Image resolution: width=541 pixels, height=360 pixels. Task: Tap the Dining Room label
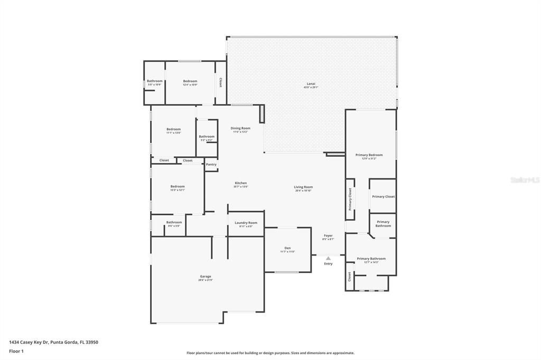pyautogui.click(x=240, y=128)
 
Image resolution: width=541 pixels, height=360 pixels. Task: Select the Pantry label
pyautogui.click(x=211, y=164)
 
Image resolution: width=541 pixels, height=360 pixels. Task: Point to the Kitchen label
pyautogui.click(x=240, y=183)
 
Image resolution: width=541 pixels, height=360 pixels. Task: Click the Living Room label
pyautogui.click(x=303, y=187)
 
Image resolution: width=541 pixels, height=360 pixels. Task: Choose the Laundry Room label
pyautogui.click(x=246, y=223)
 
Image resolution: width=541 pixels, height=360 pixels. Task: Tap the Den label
pyautogui.click(x=287, y=248)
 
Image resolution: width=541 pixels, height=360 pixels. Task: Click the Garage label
pyautogui.click(x=206, y=277)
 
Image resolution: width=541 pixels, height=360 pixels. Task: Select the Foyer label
pyautogui.click(x=328, y=235)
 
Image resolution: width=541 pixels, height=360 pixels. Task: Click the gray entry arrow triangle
pyautogui.click(x=328, y=258)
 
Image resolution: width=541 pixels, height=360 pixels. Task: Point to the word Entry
pyautogui.click(x=328, y=263)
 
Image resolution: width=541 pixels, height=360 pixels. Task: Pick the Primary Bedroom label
pyautogui.click(x=369, y=155)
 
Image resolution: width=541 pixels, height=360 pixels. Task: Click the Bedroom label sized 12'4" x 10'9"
pyautogui.click(x=190, y=81)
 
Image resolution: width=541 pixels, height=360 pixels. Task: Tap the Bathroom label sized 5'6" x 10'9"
pyautogui.click(x=155, y=81)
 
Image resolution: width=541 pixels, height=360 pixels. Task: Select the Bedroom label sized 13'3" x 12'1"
pyautogui.click(x=178, y=186)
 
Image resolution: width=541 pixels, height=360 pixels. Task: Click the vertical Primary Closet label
pyautogui.click(x=350, y=200)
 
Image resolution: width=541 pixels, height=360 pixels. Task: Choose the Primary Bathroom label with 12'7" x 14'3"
pyautogui.click(x=371, y=259)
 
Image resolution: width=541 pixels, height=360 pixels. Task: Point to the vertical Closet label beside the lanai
pyautogui.click(x=220, y=83)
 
